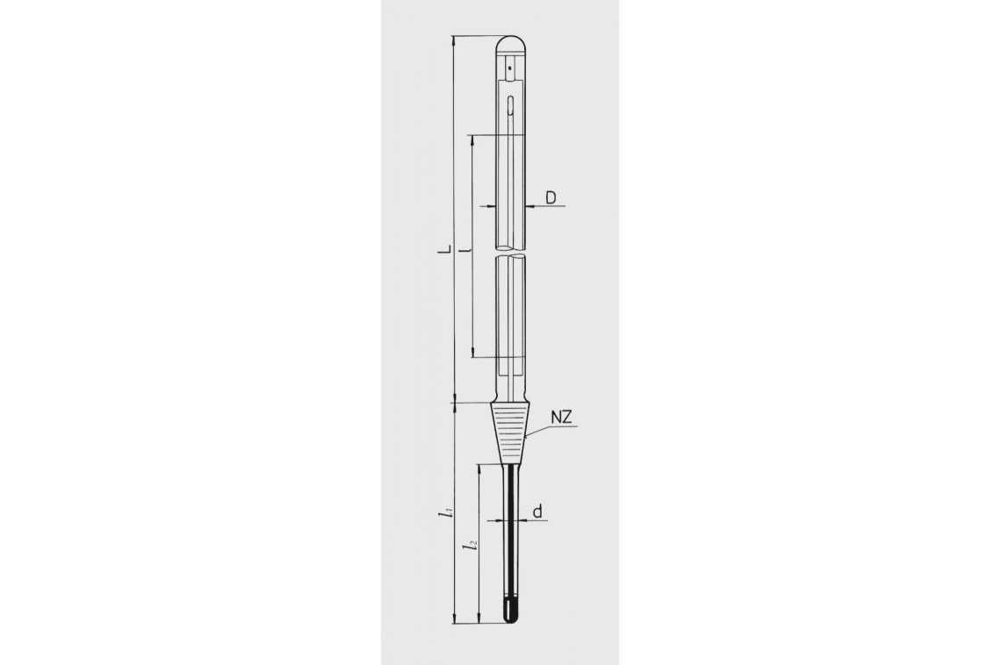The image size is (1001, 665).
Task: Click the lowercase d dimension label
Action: [x=537, y=510]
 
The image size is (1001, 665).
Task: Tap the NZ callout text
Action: [x=562, y=418]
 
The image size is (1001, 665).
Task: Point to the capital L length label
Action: [x=446, y=248]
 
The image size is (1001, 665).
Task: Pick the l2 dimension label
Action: [x=472, y=548]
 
